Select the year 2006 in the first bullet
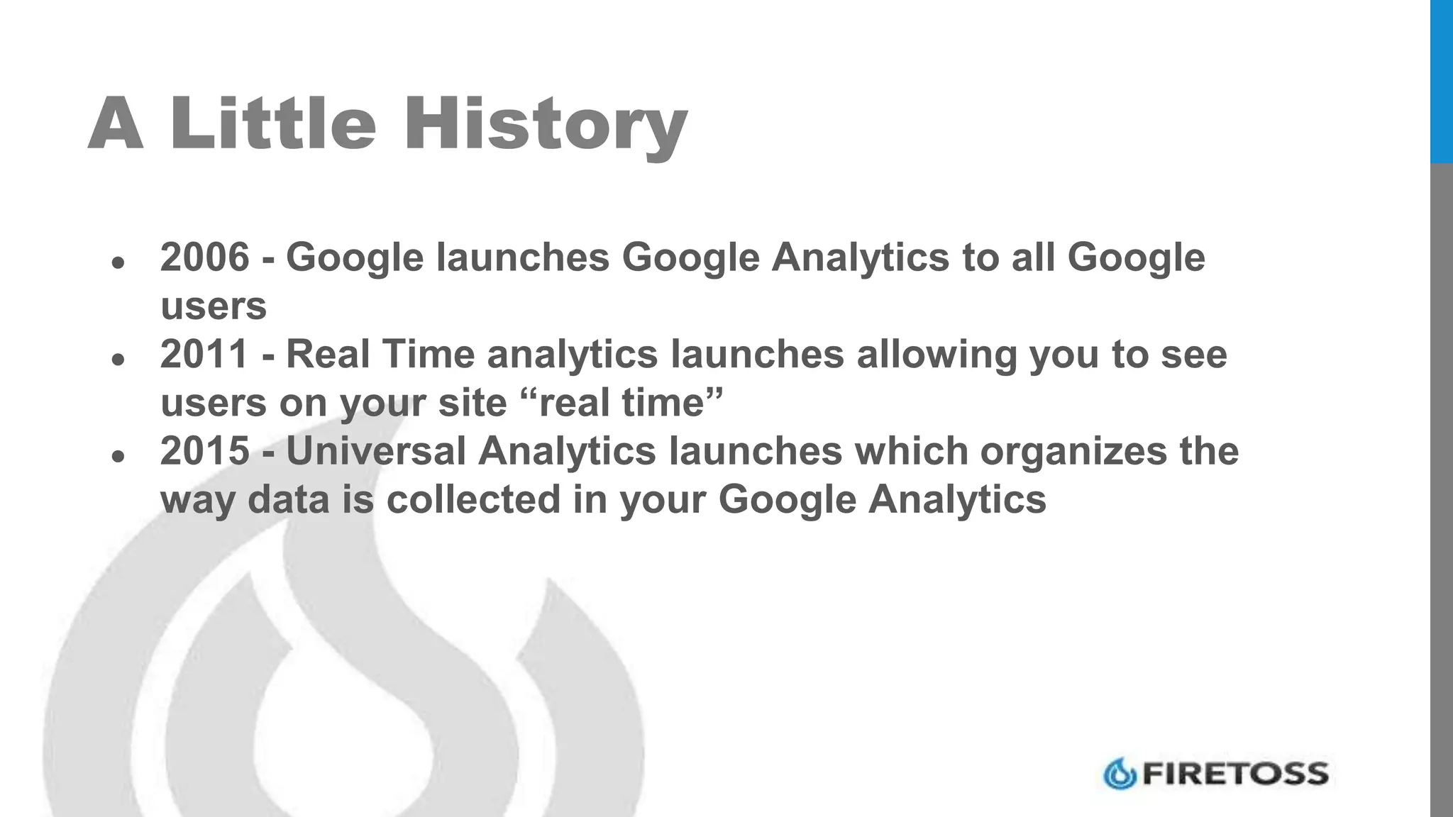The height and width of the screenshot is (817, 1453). click(205, 257)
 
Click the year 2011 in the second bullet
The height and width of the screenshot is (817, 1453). click(205, 354)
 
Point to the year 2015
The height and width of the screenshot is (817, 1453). click(205, 451)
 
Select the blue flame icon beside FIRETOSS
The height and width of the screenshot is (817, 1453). click(1120, 774)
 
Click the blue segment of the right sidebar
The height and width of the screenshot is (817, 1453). click(1441, 82)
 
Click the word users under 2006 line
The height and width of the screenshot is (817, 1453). click(214, 306)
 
